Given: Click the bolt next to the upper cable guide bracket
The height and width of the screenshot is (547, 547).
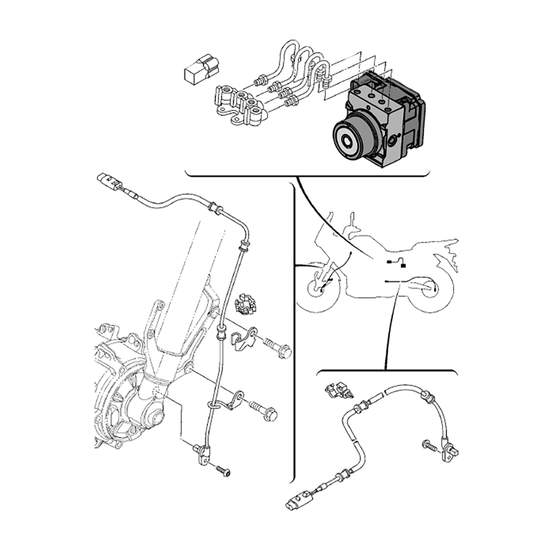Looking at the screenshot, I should click(278, 348).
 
